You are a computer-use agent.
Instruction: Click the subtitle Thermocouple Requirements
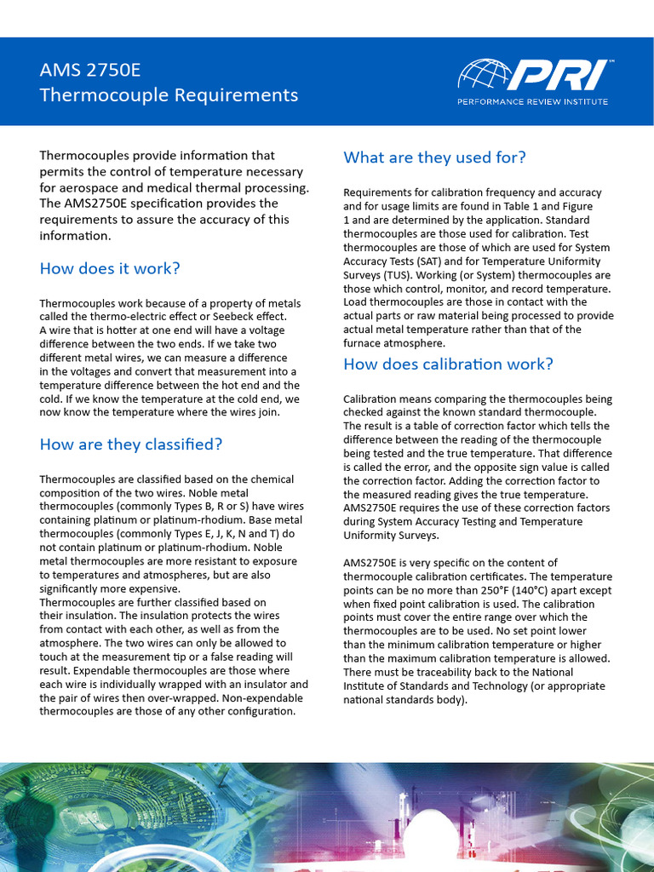click(169, 95)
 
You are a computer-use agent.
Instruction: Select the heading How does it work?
click(110, 269)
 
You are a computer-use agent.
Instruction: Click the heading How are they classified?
click(130, 445)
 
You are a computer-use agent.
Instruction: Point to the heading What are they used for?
click(434, 158)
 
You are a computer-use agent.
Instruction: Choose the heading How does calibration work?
click(448, 364)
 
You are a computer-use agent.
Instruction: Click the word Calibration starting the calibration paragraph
click(370, 399)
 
